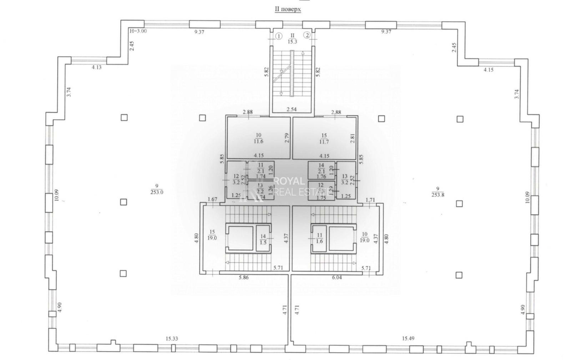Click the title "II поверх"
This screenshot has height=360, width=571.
288,9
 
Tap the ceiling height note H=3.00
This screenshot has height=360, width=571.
138,31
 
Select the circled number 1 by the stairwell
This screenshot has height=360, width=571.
279,36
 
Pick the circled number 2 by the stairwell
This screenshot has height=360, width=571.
307,35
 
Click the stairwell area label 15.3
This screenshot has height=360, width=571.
293,41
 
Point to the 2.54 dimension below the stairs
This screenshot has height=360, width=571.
292,109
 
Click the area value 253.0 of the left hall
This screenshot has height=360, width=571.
157,192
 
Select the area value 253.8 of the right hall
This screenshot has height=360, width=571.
438,195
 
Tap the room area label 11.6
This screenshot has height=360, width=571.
258,141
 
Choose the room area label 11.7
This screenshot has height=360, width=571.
324,142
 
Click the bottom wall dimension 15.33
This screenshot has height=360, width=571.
172,339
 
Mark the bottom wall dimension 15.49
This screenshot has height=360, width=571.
408,338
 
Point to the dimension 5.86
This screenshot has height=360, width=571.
244,277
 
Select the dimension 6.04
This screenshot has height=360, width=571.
337,277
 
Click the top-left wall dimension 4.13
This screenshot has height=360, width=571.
96,67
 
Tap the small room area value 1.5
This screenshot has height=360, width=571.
263,242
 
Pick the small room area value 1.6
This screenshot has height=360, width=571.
319,241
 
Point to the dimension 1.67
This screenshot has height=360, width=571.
212,199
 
